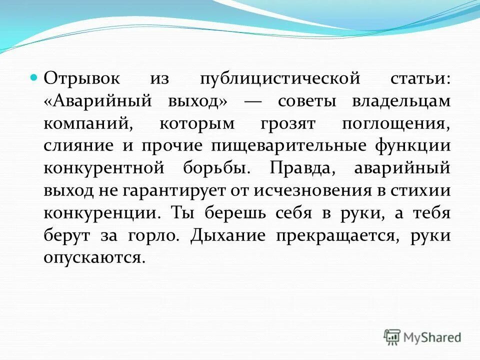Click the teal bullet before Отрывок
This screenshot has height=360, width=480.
coord(34,78)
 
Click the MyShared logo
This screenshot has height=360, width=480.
coord(422,337)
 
